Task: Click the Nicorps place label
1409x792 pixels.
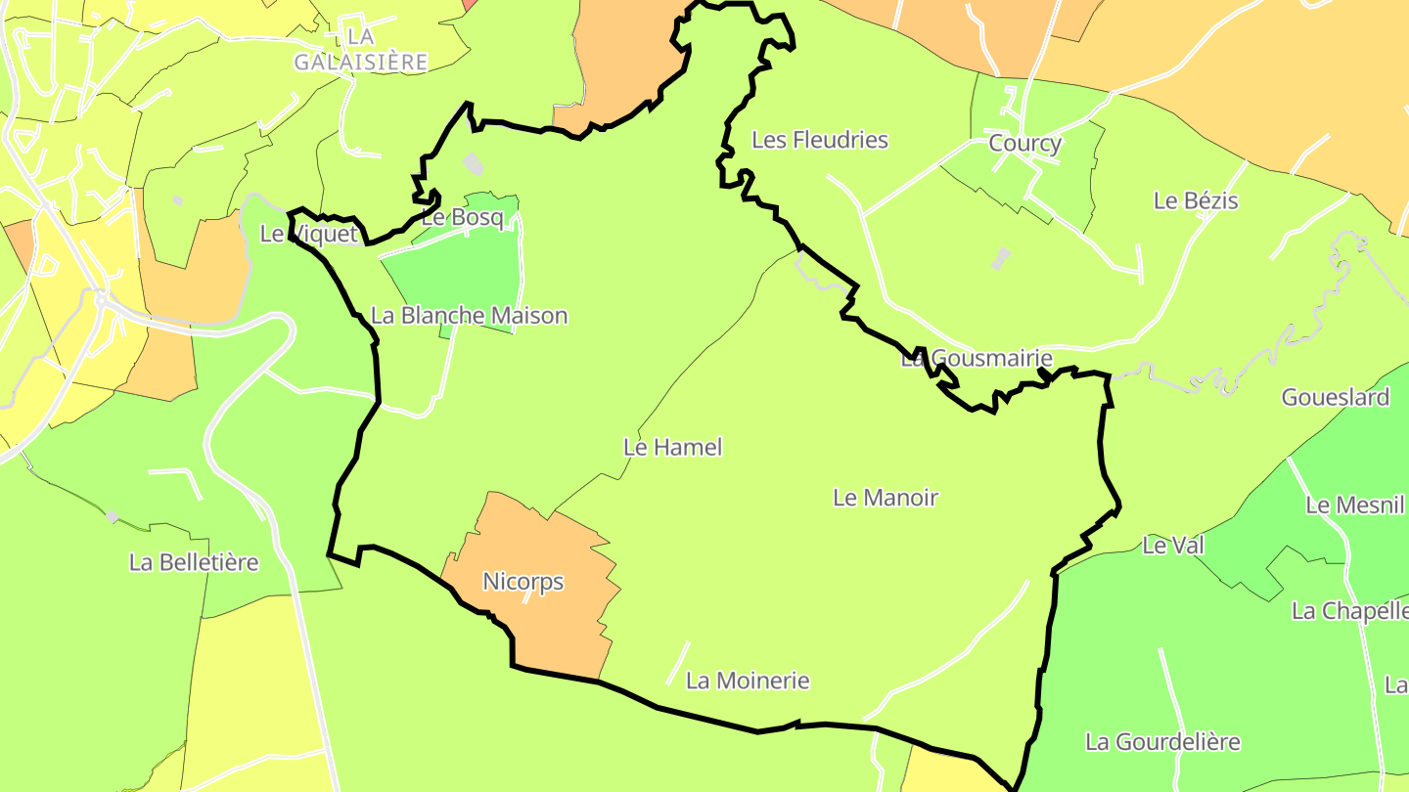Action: pyautogui.click(x=523, y=582)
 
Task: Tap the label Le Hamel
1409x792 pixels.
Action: pyautogui.click(x=673, y=447)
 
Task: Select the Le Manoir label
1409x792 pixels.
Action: pyautogui.click(x=886, y=498)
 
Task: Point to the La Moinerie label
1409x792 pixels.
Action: pyautogui.click(x=749, y=681)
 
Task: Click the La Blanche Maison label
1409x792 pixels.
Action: pyautogui.click(x=470, y=316)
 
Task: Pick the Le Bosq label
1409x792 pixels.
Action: pyautogui.click(x=463, y=217)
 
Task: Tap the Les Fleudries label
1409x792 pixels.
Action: pyautogui.click(x=820, y=140)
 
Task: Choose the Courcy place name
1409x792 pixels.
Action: pyautogui.click(x=1025, y=144)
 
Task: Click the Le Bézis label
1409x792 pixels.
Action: pyautogui.click(x=1196, y=200)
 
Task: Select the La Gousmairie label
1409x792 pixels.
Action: pyautogui.click(x=977, y=359)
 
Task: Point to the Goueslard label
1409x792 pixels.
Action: pyautogui.click(x=1336, y=397)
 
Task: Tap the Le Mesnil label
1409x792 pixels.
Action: pyautogui.click(x=1355, y=505)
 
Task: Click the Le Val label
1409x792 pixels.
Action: pyautogui.click(x=1173, y=546)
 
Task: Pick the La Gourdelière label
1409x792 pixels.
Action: pyautogui.click(x=1163, y=742)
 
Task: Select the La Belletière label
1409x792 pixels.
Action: pyautogui.click(x=194, y=562)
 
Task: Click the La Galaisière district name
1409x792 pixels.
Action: pyautogui.click(x=361, y=49)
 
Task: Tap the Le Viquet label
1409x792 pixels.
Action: pyautogui.click(x=309, y=234)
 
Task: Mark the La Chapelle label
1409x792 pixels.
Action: pyautogui.click(x=1350, y=611)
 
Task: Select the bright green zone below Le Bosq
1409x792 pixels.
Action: pyautogui.click(x=460, y=274)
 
